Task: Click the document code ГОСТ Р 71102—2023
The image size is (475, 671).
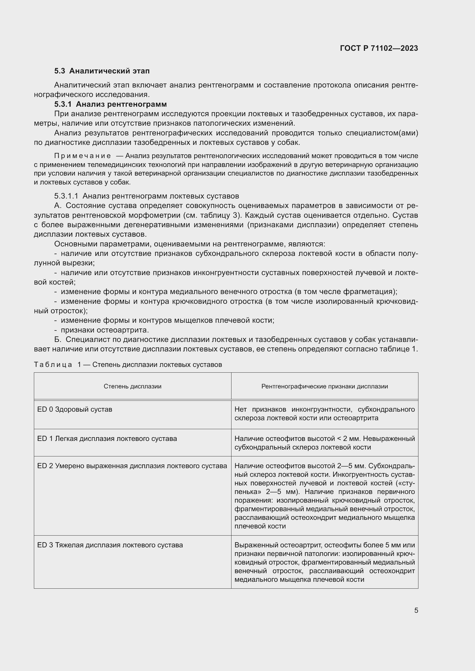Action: click(x=379, y=48)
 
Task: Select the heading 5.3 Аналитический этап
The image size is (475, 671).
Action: click(x=102, y=71)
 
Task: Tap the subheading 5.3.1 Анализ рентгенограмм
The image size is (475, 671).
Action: click(x=110, y=104)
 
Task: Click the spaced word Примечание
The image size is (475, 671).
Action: click(x=82, y=156)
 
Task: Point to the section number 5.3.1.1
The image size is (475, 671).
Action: click(x=66, y=196)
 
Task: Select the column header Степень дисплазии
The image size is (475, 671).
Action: click(x=132, y=386)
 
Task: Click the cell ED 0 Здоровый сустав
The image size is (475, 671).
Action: click(x=75, y=409)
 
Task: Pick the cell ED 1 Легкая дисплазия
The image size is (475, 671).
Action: click(x=107, y=439)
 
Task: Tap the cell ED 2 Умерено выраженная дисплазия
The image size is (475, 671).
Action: click(x=132, y=466)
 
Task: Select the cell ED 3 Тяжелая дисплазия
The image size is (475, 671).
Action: click(x=110, y=545)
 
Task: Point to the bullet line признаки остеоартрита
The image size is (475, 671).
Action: click(x=105, y=330)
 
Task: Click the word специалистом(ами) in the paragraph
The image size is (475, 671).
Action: click(x=382, y=133)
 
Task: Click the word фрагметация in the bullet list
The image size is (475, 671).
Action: click(x=369, y=292)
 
